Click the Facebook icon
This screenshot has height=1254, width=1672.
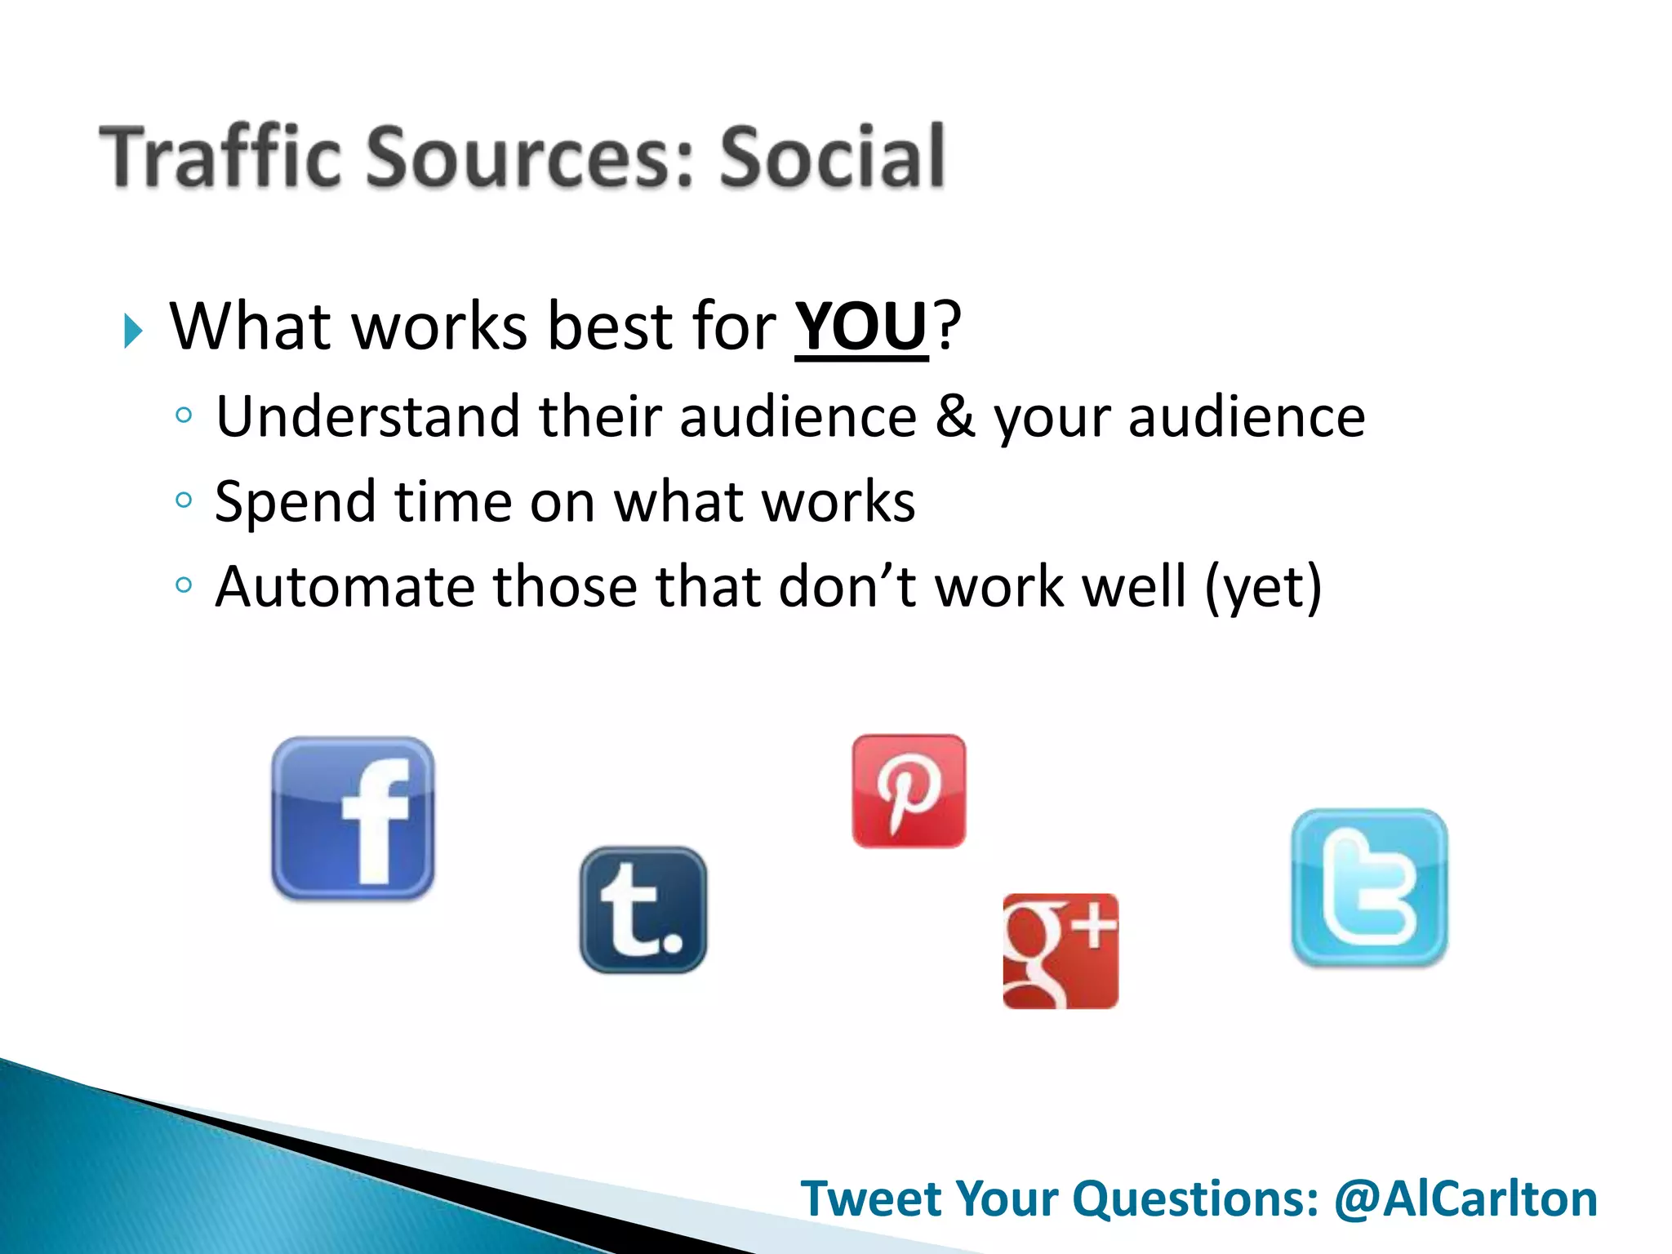click(353, 818)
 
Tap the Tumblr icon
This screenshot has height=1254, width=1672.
click(643, 909)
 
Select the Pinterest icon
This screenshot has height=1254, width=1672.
click(909, 790)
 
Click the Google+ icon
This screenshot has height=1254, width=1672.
click(1061, 951)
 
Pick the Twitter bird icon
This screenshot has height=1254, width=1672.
click(1369, 887)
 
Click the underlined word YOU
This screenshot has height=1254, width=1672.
click(861, 327)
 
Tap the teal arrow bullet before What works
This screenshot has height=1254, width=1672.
click(133, 331)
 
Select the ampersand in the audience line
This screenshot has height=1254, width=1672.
click(955, 416)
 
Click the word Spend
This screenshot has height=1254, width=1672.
click(295, 502)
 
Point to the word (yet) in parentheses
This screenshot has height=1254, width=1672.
click(1263, 587)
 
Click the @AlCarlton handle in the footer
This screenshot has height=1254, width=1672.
click(1465, 1199)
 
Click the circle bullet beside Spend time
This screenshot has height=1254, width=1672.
click(184, 500)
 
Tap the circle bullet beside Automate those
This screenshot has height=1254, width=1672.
click(184, 585)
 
